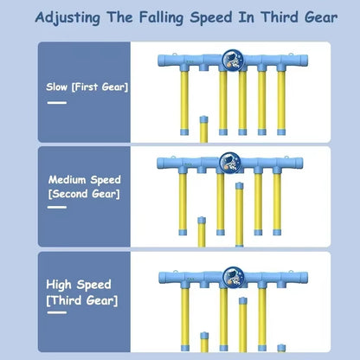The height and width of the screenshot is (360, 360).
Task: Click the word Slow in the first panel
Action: pyautogui.click(x=58, y=87)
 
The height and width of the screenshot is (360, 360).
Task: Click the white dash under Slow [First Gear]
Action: pyautogui.click(x=57, y=102)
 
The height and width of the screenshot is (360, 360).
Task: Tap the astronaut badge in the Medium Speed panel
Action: pyautogui.click(x=228, y=163)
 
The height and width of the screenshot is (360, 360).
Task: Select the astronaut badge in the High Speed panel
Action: pyautogui.click(x=232, y=276)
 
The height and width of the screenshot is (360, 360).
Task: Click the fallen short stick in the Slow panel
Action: pyautogui.click(x=202, y=130)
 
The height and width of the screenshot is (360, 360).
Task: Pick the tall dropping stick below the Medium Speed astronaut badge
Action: pyautogui.click(x=239, y=213)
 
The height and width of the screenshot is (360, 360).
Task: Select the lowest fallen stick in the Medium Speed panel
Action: pyautogui.click(x=202, y=232)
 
